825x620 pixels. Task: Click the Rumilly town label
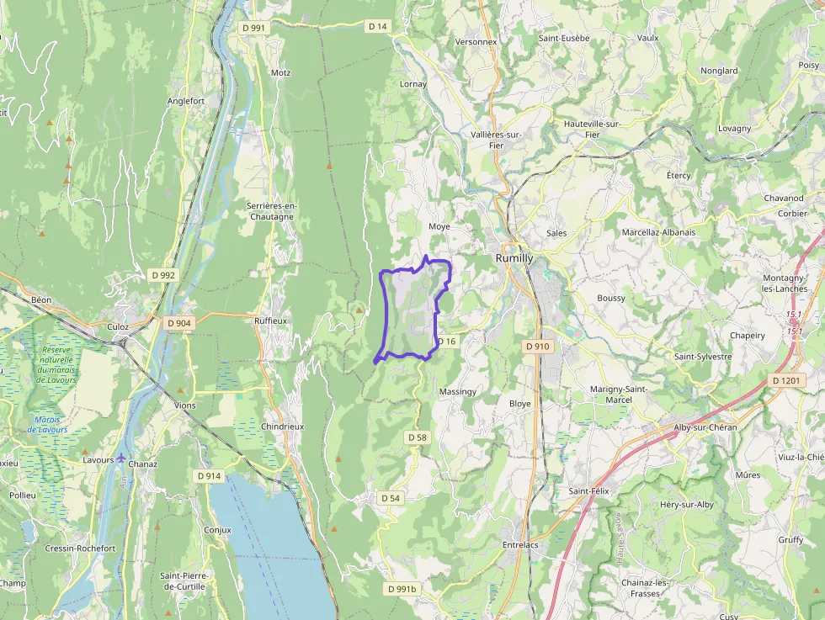(x=514, y=258)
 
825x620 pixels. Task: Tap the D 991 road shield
(x=253, y=28)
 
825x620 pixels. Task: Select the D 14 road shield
(x=378, y=27)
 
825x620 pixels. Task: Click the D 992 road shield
(x=163, y=275)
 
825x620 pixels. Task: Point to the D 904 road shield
(x=179, y=323)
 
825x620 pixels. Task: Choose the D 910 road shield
(x=537, y=346)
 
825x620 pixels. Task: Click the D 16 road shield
(x=446, y=342)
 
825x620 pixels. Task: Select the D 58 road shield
(x=418, y=437)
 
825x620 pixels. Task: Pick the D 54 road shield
(x=391, y=498)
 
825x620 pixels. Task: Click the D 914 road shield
(x=209, y=476)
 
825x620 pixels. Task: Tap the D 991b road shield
(x=402, y=589)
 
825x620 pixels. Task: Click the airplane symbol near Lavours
(x=122, y=458)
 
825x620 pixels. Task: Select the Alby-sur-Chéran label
(x=705, y=427)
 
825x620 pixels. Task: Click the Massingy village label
(x=458, y=392)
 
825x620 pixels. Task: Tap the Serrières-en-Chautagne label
(x=271, y=211)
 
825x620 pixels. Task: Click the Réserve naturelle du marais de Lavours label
(x=56, y=364)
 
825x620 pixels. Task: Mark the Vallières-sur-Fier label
(x=497, y=139)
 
